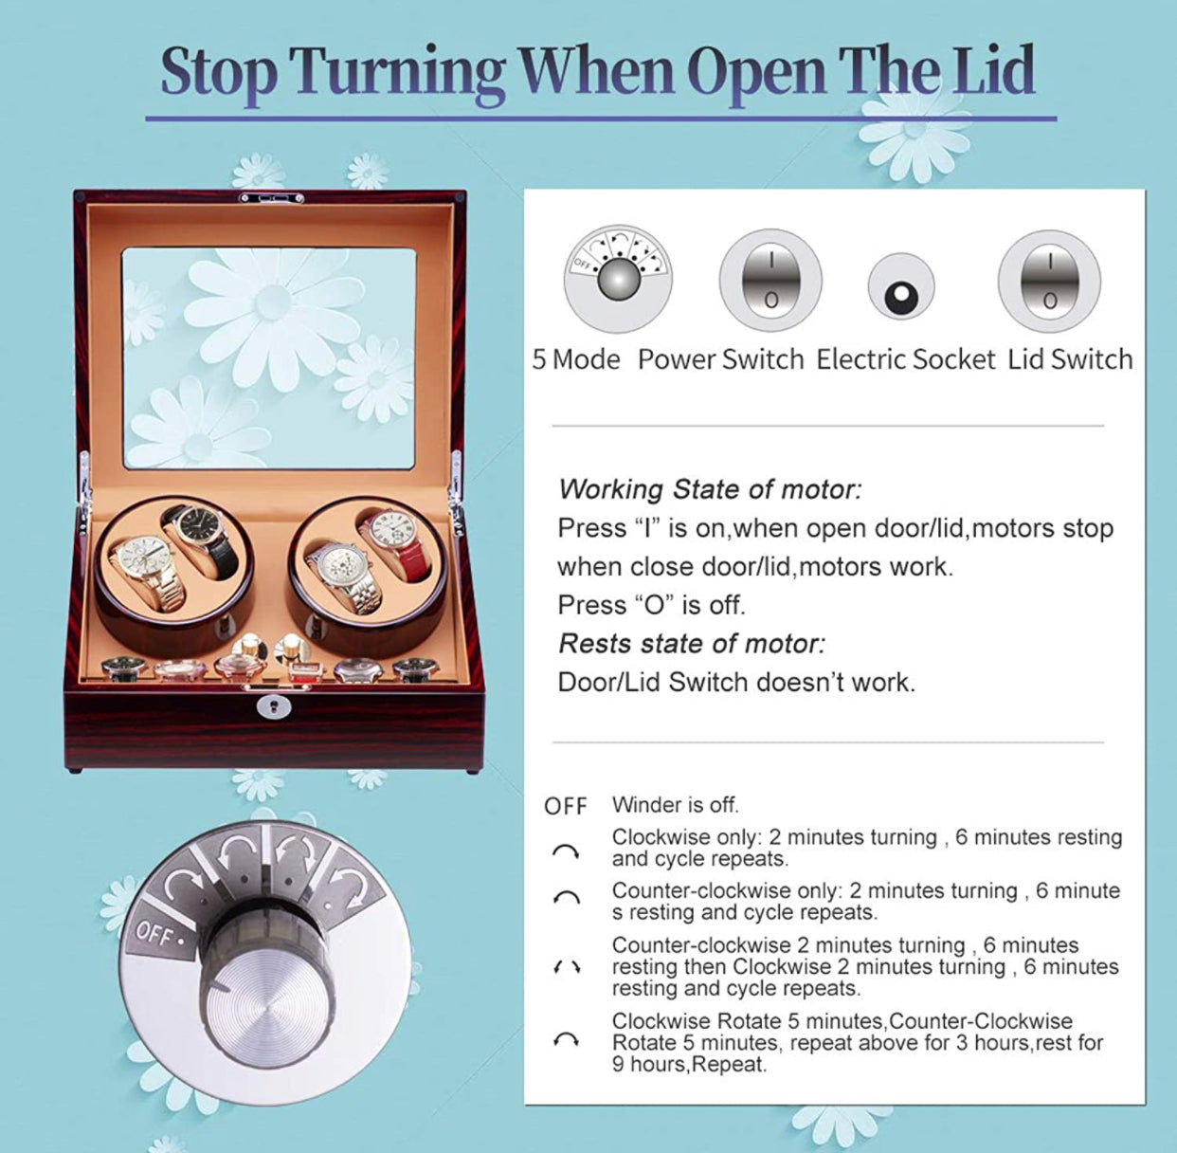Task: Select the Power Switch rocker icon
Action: [770, 280]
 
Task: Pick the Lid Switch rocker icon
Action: [1049, 280]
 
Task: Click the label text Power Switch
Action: [720, 360]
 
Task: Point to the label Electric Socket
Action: [905, 360]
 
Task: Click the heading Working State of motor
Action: [710, 489]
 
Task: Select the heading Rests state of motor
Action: [692, 644]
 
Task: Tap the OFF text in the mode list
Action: [566, 806]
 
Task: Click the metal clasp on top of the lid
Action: [271, 198]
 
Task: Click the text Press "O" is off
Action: [651, 605]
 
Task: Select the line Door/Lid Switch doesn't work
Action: [736, 683]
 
